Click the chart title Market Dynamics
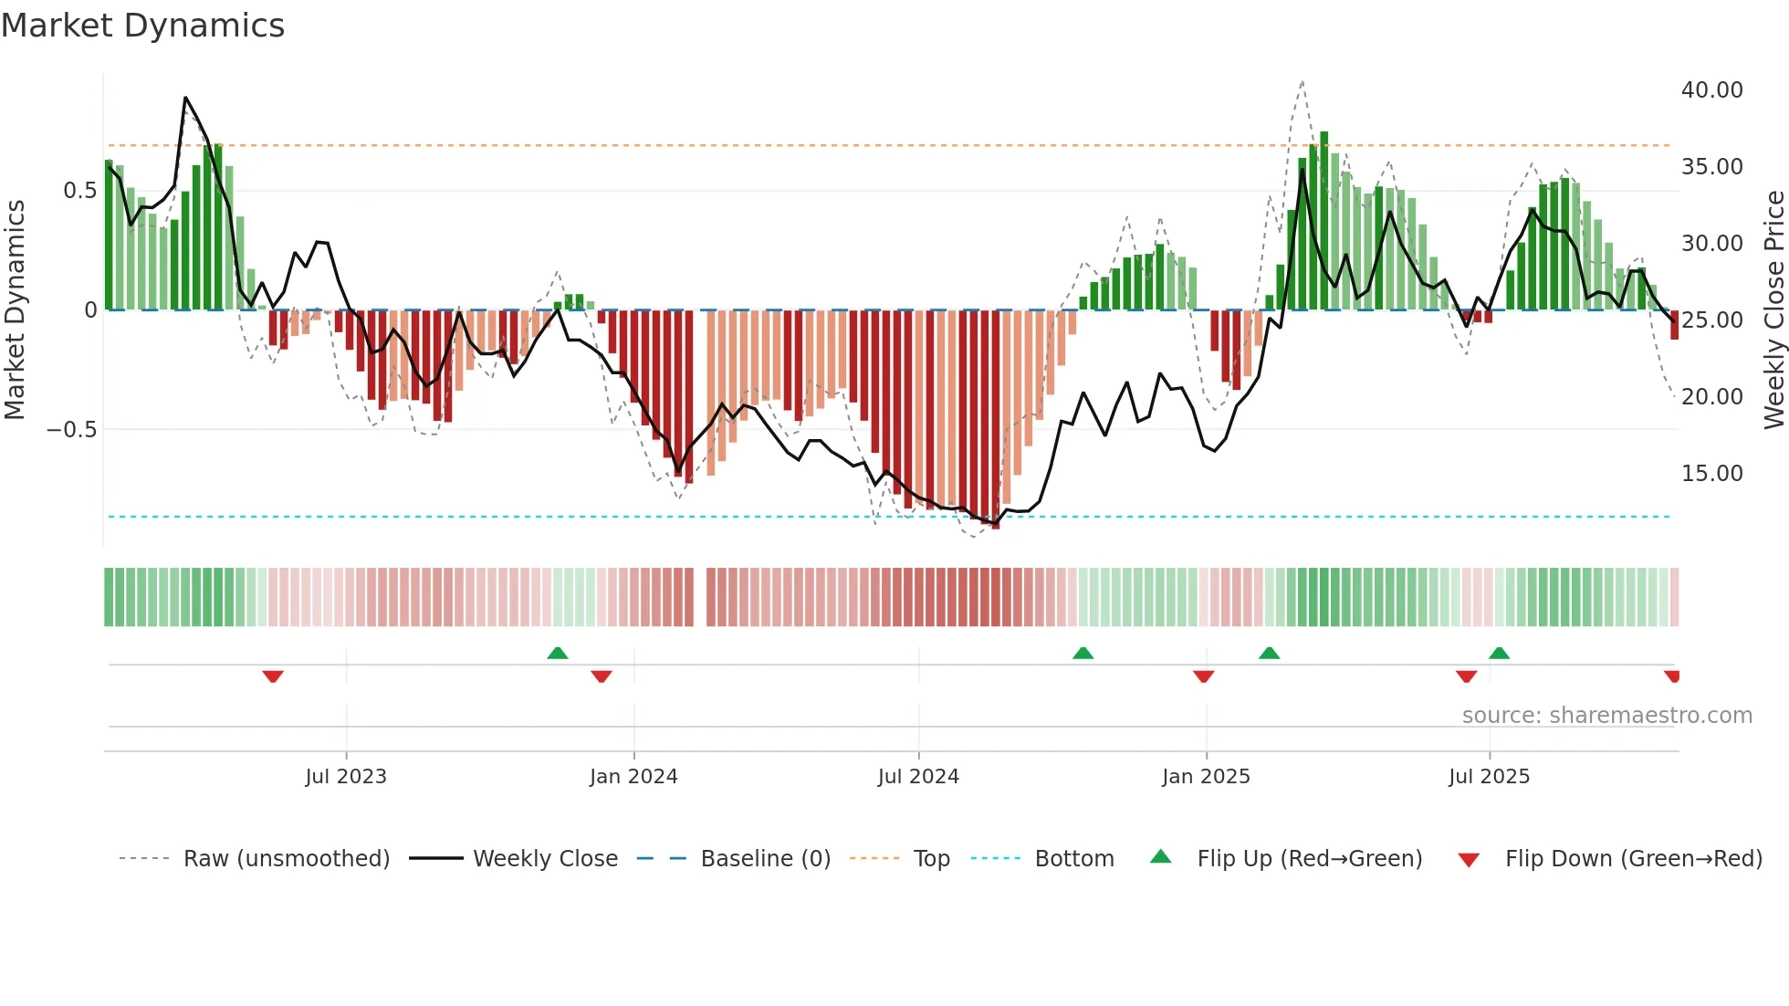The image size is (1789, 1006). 142,26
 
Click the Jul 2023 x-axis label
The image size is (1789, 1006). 346,777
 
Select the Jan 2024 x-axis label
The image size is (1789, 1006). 633,777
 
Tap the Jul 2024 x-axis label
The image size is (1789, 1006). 918,777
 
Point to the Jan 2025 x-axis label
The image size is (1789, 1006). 1206,777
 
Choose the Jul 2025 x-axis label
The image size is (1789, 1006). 1489,777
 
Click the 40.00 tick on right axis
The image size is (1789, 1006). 1711,90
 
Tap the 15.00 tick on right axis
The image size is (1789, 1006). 1711,474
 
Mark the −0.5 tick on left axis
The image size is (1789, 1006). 71,430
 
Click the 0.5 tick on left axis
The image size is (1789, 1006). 79,191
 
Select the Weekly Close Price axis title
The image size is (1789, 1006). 1773,310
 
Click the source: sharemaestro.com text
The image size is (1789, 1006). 1606,716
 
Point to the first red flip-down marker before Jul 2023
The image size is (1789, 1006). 273,676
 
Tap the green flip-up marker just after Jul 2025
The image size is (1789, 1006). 1499,653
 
